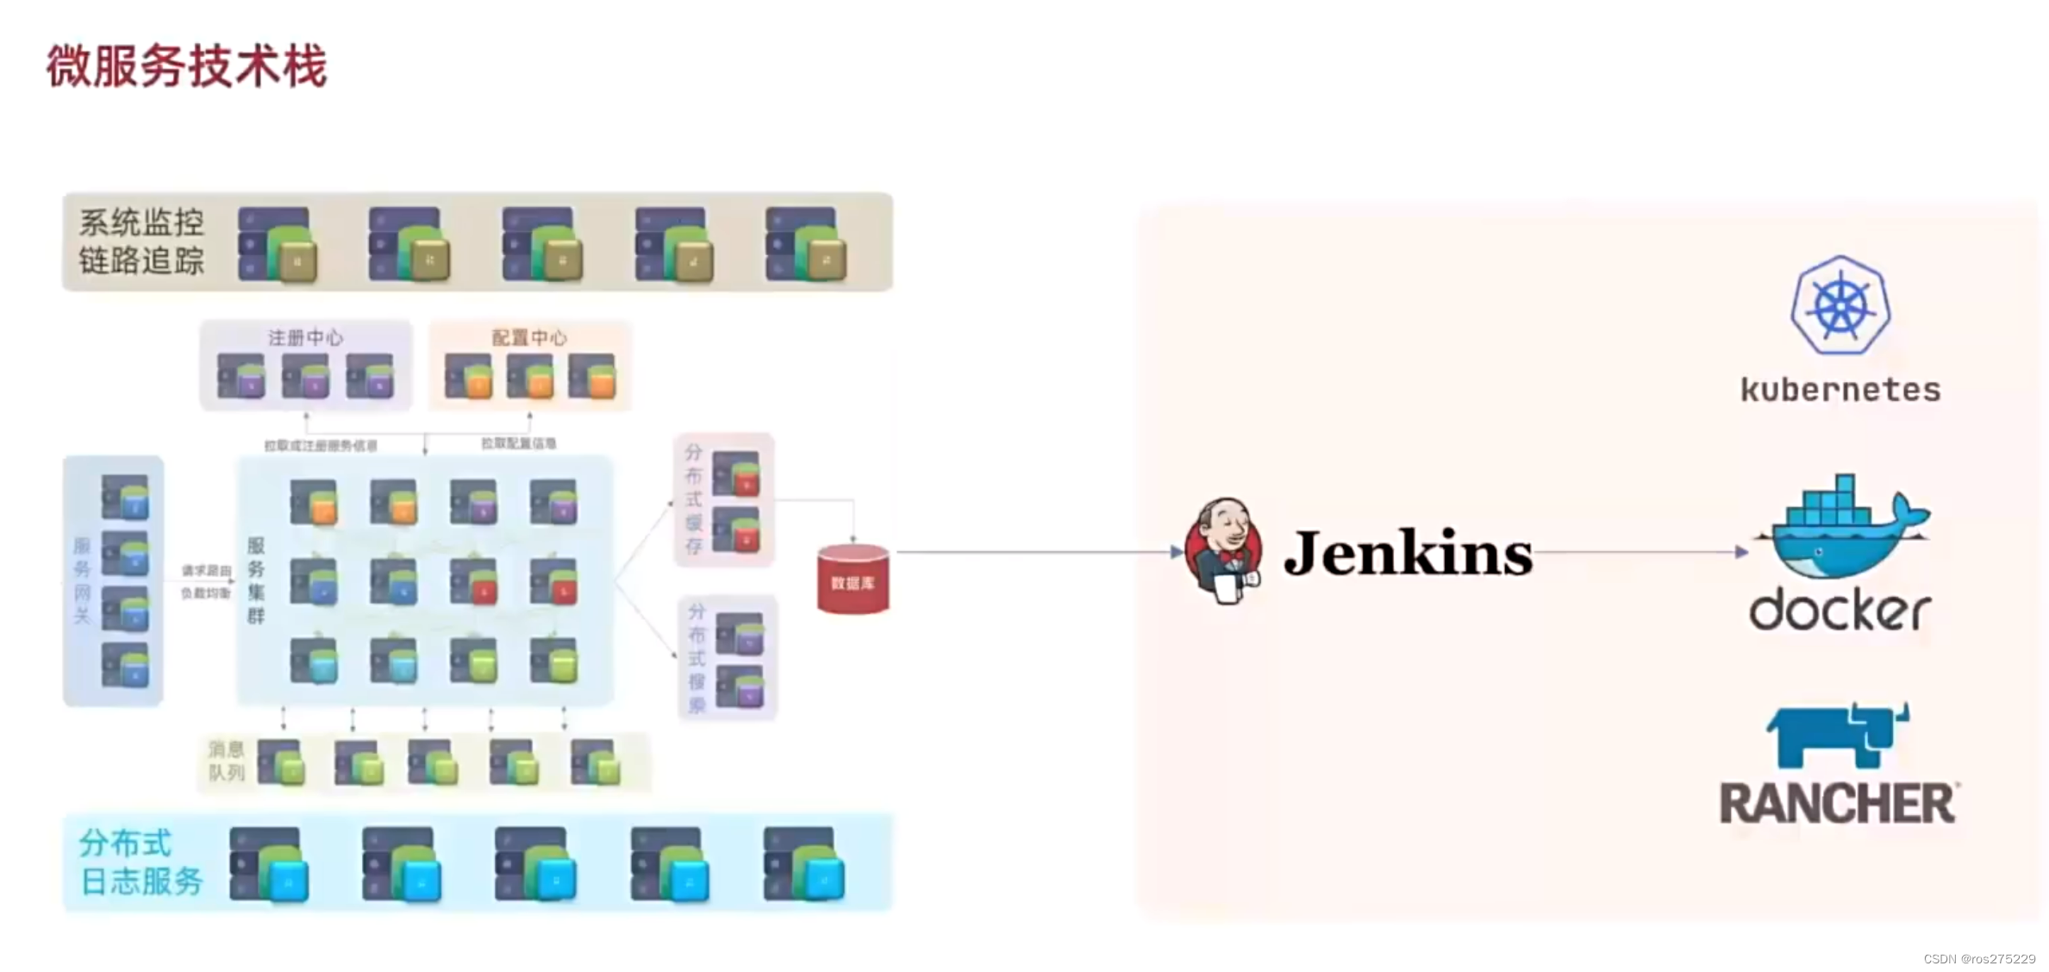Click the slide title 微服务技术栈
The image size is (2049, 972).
pyautogui.click(x=186, y=66)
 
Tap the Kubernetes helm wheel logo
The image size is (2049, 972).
pyautogui.click(x=1840, y=305)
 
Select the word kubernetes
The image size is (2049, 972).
pyautogui.click(x=1840, y=390)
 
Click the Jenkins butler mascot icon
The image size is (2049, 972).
pyautogui.click(x=1223, y=551)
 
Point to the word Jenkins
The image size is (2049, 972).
pyautogui.click(x=1408, y=553)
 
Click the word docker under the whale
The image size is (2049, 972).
pyautogui.click(x=1840, y=611)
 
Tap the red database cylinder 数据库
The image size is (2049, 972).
pyautogui.click(x=853, y=580)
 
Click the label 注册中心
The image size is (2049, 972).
pyautogui.click(x=305, y=337)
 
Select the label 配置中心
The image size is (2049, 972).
pyautogui.click(x=529, y=337)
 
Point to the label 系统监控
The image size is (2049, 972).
pyautogui.click(x=141, y=223)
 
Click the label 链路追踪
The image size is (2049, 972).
pyautogui.click(x=141, y=260)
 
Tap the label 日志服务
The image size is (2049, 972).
pyautogui.click(x=141, y=881)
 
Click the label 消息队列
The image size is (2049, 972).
pyautogui.click(x=227, y=761)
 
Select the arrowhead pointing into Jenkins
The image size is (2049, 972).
pyautogui.click(x=1177, y=552)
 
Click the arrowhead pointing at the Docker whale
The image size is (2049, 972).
pyautogui.click(x=1741, y=552)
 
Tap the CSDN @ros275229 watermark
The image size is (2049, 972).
pyautogui.click(x=1978, y=959)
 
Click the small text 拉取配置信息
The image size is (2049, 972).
pyautogui.click(x=518, y=443)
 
